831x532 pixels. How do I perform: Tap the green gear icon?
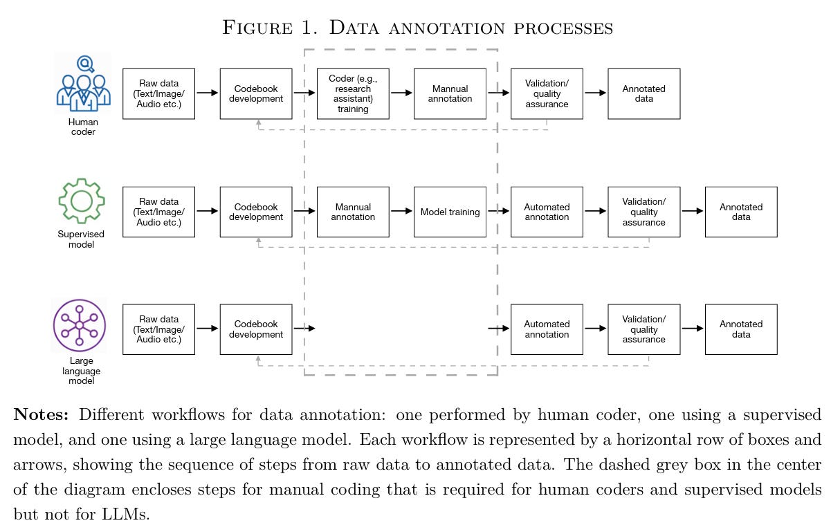pyautogui.click(x=81, y=201)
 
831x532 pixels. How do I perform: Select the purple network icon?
pyautogui.click(x=79, y=325)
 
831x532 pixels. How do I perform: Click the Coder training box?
pyautogui.click(x=353, y=94)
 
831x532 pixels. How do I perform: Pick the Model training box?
pyautogui.click(x=450, y=212)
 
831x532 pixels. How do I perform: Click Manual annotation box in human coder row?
pyautogui.click(x=450, y=94)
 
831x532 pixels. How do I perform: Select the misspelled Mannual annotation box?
pyautogui.click(x=353, y=212)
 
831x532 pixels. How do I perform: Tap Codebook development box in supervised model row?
pyautogui.click(x=256, y=212)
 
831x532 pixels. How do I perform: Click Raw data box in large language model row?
pyautogui.click(x=158, y=329)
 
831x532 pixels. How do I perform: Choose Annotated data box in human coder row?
pyautogui.click(x=643, y=94)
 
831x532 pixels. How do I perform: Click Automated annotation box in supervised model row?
pyautogui.click(x=547, y=212)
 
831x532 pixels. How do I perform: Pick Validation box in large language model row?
pyautogui.click(x=643, y=329)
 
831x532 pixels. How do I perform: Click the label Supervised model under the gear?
pyautogui.click(x=81, y=239)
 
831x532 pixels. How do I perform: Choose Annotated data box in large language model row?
pyautogui.click(x=740, y=329)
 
